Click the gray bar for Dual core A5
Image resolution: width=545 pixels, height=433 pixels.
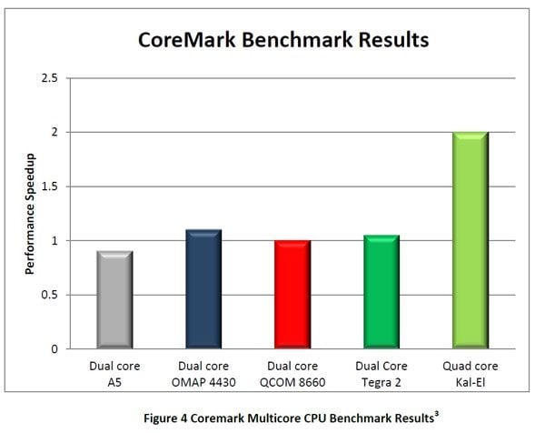(x=114, y=300)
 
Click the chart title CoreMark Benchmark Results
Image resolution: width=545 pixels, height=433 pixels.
(x=283, y=40)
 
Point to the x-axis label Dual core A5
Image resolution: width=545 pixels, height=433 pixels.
(x=114, y=372)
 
